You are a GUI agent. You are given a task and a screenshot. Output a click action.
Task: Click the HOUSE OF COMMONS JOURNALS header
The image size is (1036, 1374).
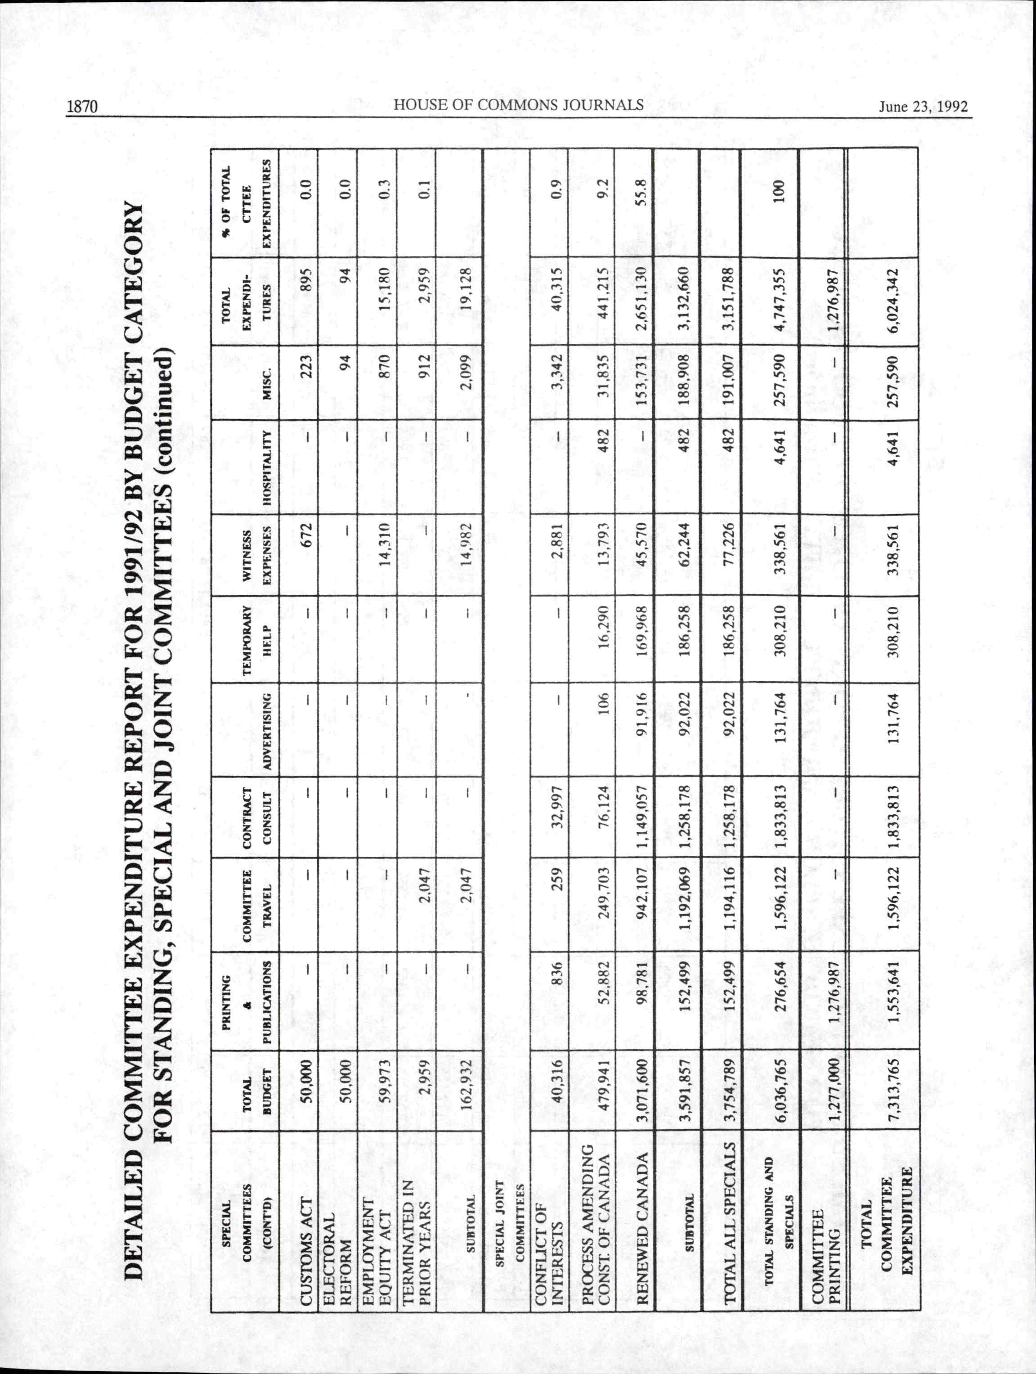[x=519, y=105]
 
